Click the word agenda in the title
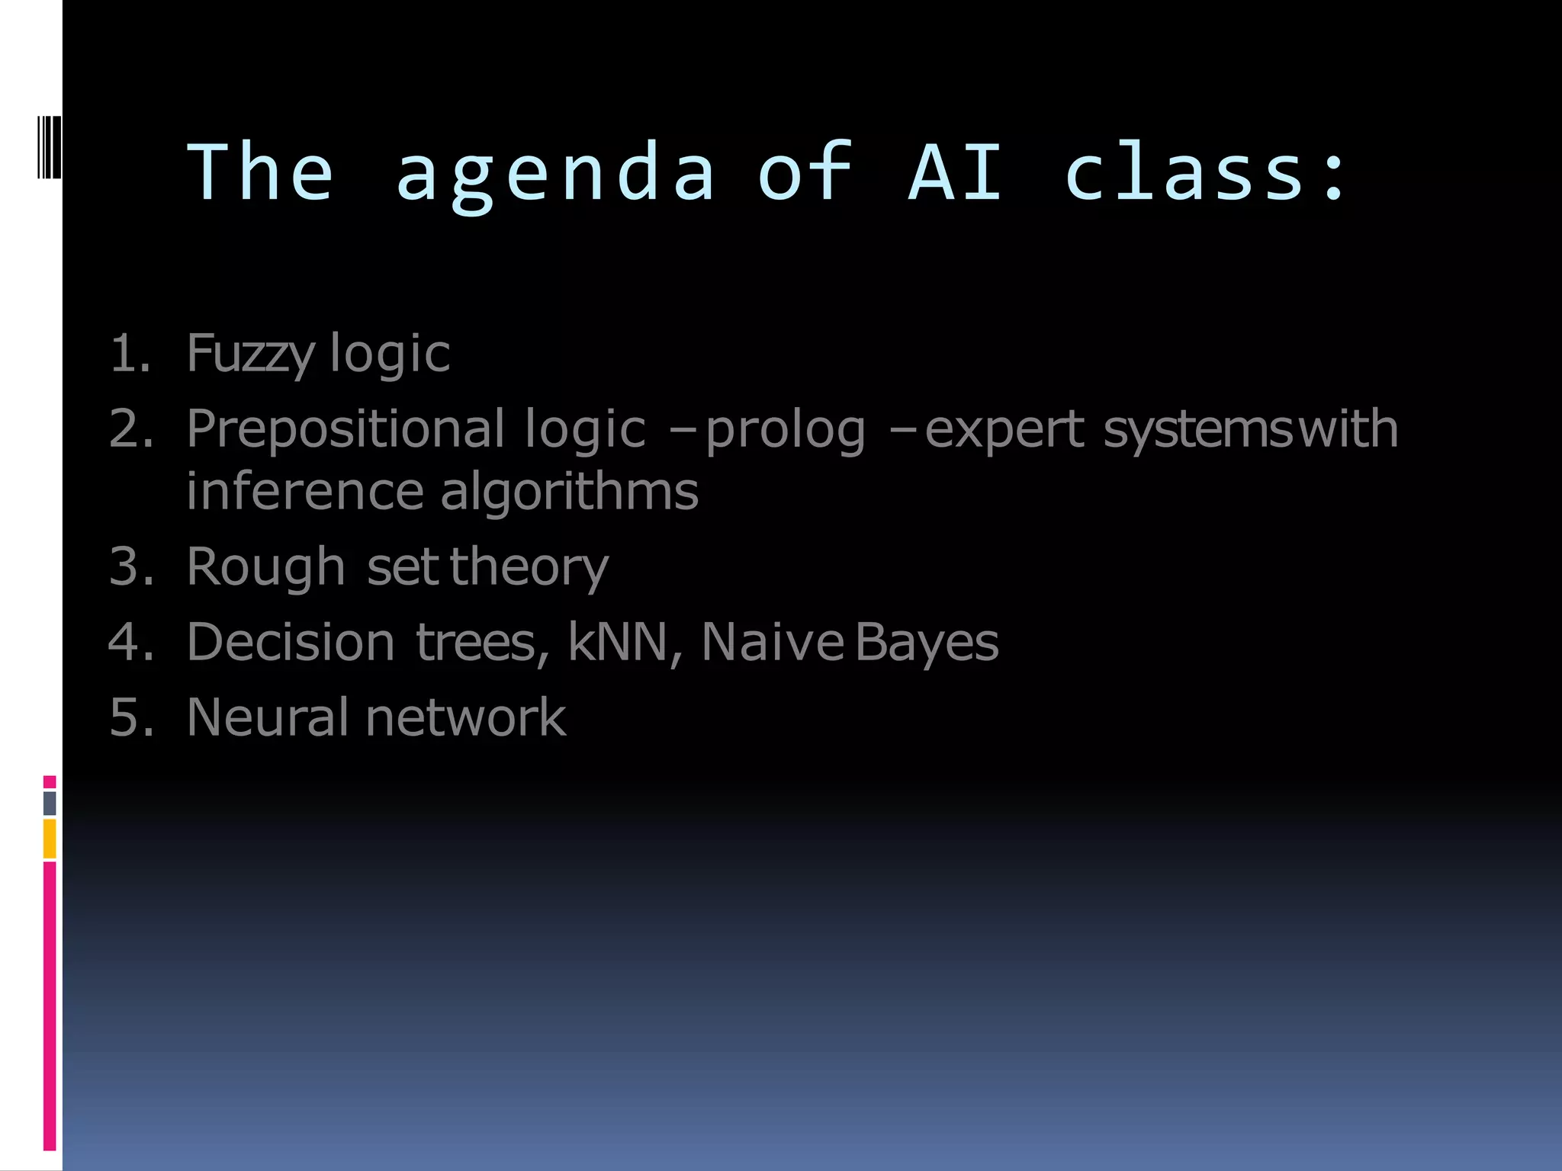(x=554, y=174)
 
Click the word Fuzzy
(x=250, y=355)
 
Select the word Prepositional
(x=345, y=429)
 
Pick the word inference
(x=304, y=492)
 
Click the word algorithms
(x=569, y=492)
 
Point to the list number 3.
(x=130, y=567)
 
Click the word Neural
(x=267, y=717)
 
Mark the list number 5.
(x=130, y=717)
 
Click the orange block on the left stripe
(x=50, y=839)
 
